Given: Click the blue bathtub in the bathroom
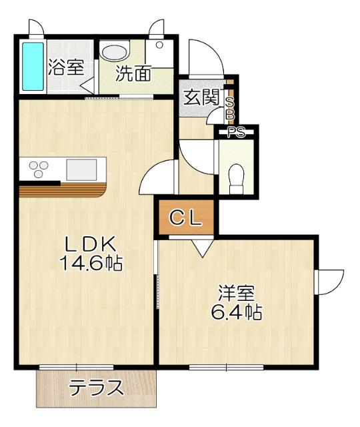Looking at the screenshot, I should tap(31, 66).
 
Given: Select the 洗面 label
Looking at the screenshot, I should tap(133, 73).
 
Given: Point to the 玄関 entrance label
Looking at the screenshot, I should tap(202, 97).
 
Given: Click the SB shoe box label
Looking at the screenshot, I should tap(230, 109).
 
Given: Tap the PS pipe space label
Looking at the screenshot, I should tap(237, 131).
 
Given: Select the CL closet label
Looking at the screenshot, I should tap(185, 218).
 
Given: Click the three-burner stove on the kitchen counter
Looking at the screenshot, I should tap(36, 168).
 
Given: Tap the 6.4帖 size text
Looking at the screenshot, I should tap(237, 311).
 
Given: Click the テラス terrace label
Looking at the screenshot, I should tap(97, 387).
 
